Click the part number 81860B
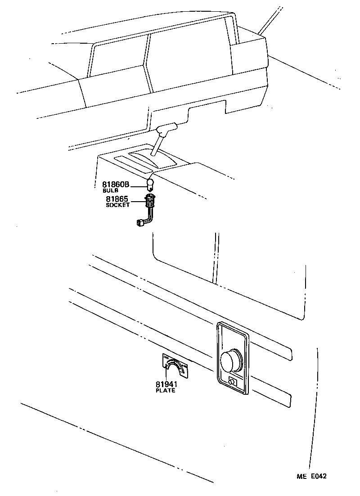[116, 185]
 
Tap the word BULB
[110, 191]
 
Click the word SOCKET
[117, 205]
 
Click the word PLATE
[166, 391]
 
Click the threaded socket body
[150, 201]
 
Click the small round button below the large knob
[232, 382]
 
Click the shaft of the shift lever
[158, 145]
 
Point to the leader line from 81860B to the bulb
[138, 185]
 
